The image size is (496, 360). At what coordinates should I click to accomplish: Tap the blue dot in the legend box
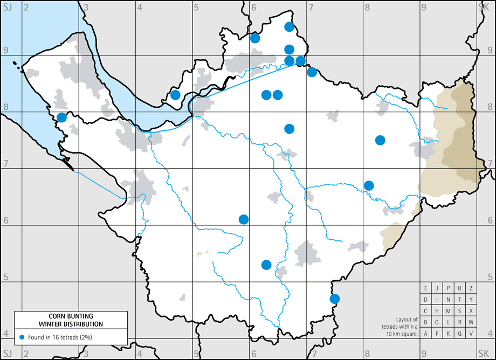[22, 337]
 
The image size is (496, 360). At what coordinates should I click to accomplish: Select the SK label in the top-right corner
[484, 6]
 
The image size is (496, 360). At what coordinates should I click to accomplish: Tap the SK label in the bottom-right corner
[484, 354]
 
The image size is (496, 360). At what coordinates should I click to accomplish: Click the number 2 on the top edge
[25, 6]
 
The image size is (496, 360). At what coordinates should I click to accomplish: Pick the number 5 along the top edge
[197, 6]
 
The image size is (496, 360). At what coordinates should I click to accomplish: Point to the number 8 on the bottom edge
[367, 354]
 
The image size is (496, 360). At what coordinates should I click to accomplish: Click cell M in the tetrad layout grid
[449, 311]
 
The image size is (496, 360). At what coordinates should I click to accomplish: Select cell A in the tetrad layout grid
[426, 334]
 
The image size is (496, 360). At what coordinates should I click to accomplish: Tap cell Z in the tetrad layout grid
[471, 288]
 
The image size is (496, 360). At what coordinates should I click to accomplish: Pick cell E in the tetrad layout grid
[426, 288]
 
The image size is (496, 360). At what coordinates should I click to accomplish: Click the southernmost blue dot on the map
[335, 299]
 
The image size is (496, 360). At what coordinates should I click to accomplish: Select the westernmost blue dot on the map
[61, 117]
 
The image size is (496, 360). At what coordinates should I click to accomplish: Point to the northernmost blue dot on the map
[289, 27]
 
